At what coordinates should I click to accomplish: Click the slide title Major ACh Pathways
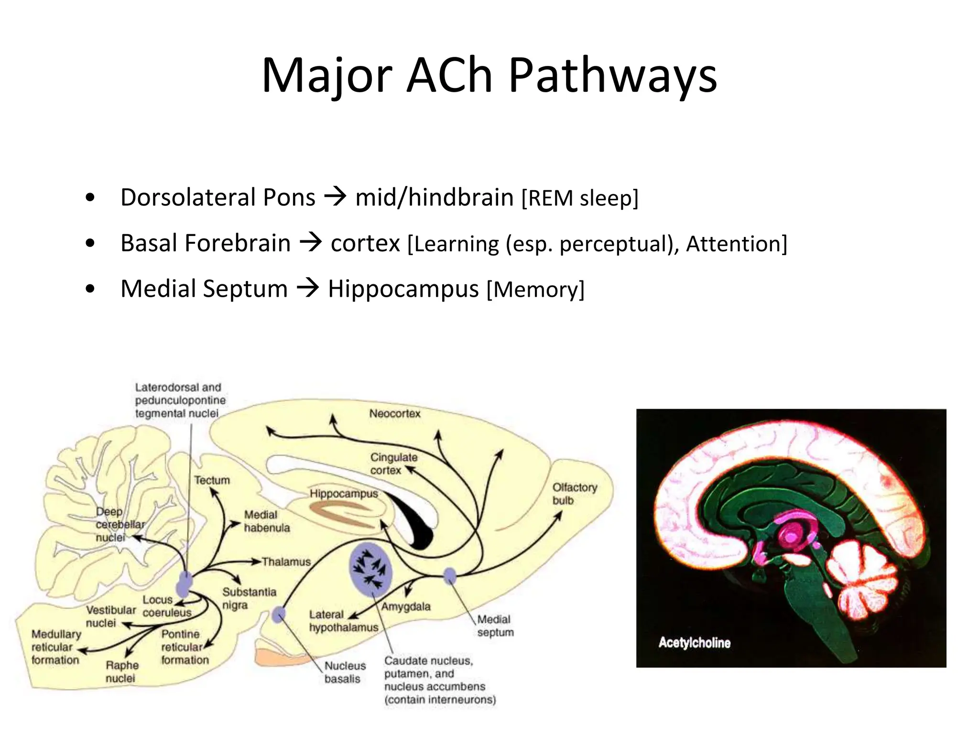(489, 76)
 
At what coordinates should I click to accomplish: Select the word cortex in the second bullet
(365, 243)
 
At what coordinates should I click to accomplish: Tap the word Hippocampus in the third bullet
(403, 289)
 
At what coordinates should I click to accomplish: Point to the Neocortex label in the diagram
(394, 414)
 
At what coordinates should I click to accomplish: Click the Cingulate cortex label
(393, 464)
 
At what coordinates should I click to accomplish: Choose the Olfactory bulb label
(575, 494)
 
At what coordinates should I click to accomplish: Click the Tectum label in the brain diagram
(212, 480)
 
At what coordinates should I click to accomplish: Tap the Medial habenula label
(267, 521)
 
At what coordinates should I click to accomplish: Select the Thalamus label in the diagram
(286, 562)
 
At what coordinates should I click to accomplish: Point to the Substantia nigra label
(249, 598)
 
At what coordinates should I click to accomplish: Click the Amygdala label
(406, 607)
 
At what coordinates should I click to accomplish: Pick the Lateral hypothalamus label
(343, 621)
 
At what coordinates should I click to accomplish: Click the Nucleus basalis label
(345, 672)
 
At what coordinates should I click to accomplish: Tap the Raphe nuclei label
(122, 671)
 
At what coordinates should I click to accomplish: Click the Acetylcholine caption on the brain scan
(694, 643)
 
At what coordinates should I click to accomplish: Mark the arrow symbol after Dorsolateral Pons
(335, 196)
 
